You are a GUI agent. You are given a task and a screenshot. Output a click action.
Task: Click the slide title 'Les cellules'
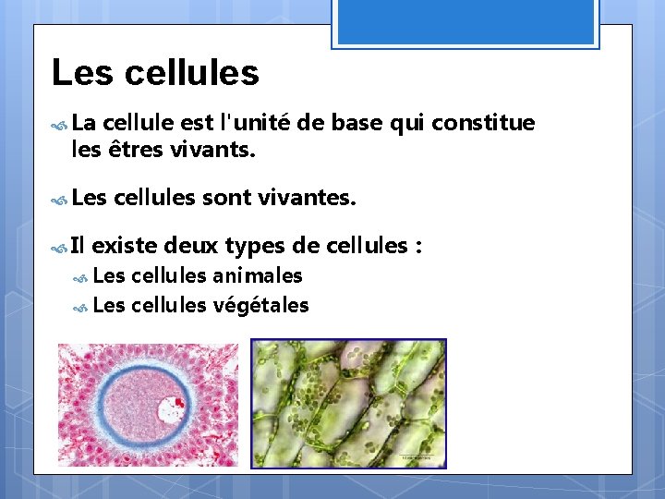[155, 72]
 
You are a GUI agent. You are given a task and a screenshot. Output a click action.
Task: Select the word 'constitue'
[483, 123]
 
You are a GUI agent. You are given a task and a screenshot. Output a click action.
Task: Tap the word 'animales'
[258, 275]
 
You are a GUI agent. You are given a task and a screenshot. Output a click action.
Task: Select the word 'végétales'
[260, 305]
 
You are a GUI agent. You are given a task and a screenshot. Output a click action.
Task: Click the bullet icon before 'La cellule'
[61, 124]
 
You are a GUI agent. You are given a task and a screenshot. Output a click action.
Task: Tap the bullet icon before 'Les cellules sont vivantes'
[61, 197]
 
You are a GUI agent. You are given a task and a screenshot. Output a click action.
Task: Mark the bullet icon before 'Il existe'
[61, 247]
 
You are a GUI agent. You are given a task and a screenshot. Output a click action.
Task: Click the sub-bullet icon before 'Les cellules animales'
[81, 276]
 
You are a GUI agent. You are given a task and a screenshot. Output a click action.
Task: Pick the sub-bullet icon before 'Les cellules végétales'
[81, 306]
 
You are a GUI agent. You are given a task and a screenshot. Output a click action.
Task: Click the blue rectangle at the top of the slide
[465, 22]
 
